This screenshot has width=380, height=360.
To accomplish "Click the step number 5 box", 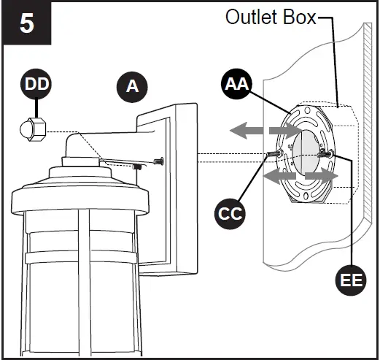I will [26, 23].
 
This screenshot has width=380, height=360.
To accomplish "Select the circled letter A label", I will [132, 87].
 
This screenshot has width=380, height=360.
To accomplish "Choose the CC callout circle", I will [231, 214].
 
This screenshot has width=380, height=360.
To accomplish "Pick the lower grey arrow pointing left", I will [278, 176].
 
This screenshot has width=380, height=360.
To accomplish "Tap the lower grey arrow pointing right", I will [322, 176].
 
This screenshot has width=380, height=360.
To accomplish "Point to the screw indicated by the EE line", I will [330, 153].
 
